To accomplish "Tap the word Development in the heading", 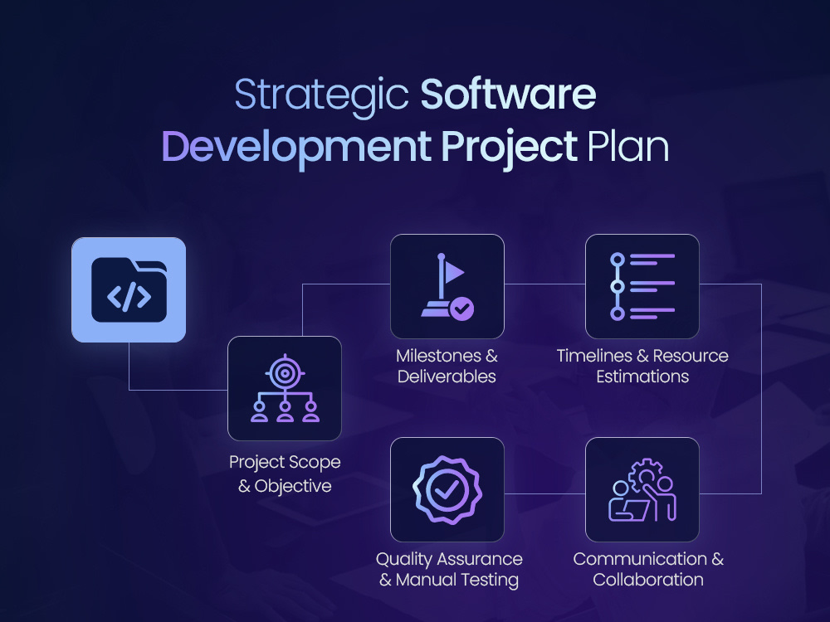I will pos(295,147).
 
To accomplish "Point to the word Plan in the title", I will pos(627,147).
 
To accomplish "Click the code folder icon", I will pos(129,289).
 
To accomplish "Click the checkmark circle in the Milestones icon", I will pos(462,310).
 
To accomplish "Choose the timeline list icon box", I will pos(642,287).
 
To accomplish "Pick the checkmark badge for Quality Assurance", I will pos(447,489).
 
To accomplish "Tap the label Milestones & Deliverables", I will pos(447,366).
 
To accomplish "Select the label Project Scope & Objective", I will pos(285,474).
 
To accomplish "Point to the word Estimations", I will pos(642,377).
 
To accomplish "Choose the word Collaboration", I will pos(648,580).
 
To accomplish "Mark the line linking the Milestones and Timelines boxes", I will pos(544,284).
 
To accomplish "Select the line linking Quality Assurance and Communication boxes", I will pos(544,493).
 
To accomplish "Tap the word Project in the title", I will pos(508,147).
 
